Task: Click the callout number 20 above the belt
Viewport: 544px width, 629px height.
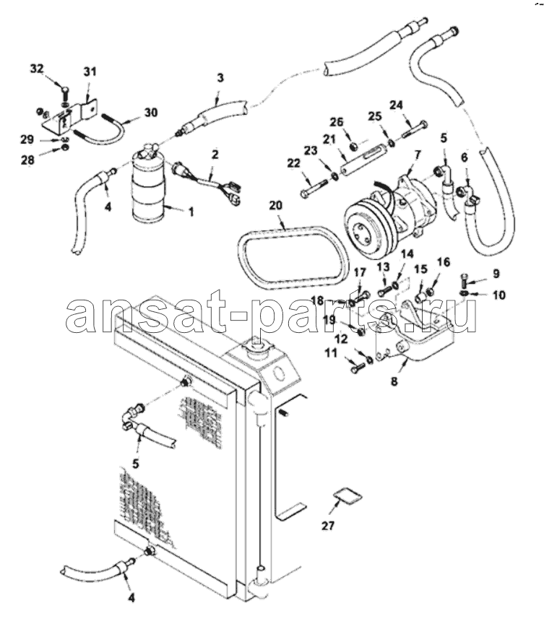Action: [275, 206]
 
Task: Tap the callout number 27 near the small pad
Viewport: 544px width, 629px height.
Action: [328, 526]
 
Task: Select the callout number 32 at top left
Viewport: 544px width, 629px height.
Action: [37, 69]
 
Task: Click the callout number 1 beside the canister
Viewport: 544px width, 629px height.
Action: [191, 212]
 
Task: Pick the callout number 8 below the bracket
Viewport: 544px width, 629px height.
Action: [394, 381]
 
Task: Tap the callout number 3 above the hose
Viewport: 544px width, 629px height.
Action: [220, 77]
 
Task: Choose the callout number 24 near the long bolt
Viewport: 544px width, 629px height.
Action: [396, 105]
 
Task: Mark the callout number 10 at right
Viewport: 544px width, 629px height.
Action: [499, 295]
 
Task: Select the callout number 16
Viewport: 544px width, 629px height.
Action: [444, 262]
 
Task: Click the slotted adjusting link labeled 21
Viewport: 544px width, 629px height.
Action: [366, 161]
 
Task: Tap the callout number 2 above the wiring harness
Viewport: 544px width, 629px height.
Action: [215, 154]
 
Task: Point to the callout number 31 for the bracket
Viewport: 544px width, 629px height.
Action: [90, 71]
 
